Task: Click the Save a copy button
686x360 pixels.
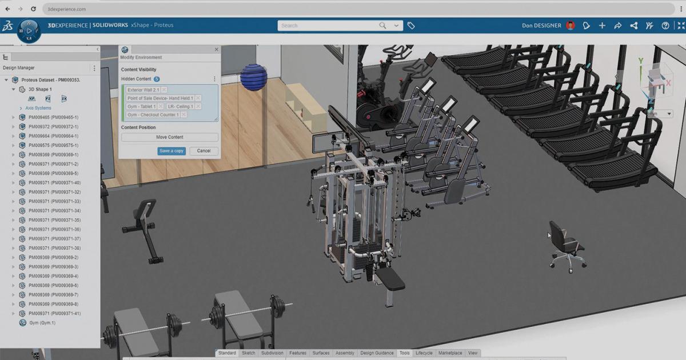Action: tap(171, 151)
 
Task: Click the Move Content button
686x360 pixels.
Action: tap(169, 137)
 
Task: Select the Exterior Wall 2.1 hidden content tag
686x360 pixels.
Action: tap(143, 90)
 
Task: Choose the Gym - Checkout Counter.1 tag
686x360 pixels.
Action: tap(153, 115)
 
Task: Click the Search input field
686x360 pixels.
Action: tap(329, 26)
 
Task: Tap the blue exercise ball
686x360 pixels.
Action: tap(254, 77)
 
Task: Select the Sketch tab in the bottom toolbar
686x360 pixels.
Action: tap(249, 353)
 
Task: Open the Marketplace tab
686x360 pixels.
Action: tap(450, 353)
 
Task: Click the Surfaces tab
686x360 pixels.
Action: tap(321, 353)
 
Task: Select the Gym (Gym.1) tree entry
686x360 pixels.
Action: tap(42, 323)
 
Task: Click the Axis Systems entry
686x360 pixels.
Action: tap(38, 108)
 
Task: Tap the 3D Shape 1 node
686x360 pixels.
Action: tap(40, 90)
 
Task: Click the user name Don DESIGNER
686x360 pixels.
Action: tap(541, 26)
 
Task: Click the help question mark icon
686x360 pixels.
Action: tap(665, 26)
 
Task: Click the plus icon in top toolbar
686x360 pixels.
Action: tap(602, 26)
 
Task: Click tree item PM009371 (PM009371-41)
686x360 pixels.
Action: tap(54, 314)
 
